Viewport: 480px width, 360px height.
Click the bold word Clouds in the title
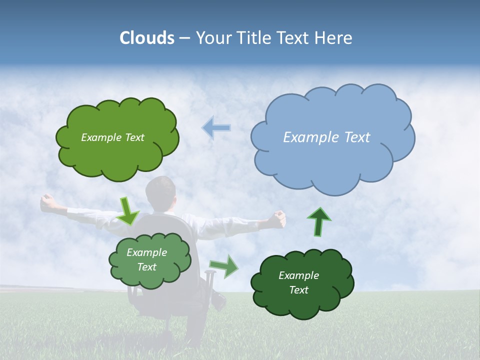click(x=147, y=38)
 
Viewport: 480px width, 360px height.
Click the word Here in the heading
click(x=333, y=38)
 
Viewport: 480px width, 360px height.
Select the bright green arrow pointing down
click(x=128, y=210)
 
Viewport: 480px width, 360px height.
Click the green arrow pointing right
click(x=224, y=266)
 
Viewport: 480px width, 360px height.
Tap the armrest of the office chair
click(x=209, y=274)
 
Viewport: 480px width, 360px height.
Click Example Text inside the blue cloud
click(x=326, y=137)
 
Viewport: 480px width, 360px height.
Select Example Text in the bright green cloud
click(x=112, y=137)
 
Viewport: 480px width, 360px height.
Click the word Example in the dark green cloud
click(x=298, y=275)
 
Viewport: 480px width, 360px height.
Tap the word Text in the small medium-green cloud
click(x=147, y=267)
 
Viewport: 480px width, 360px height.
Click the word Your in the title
click(x=211, y=38)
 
